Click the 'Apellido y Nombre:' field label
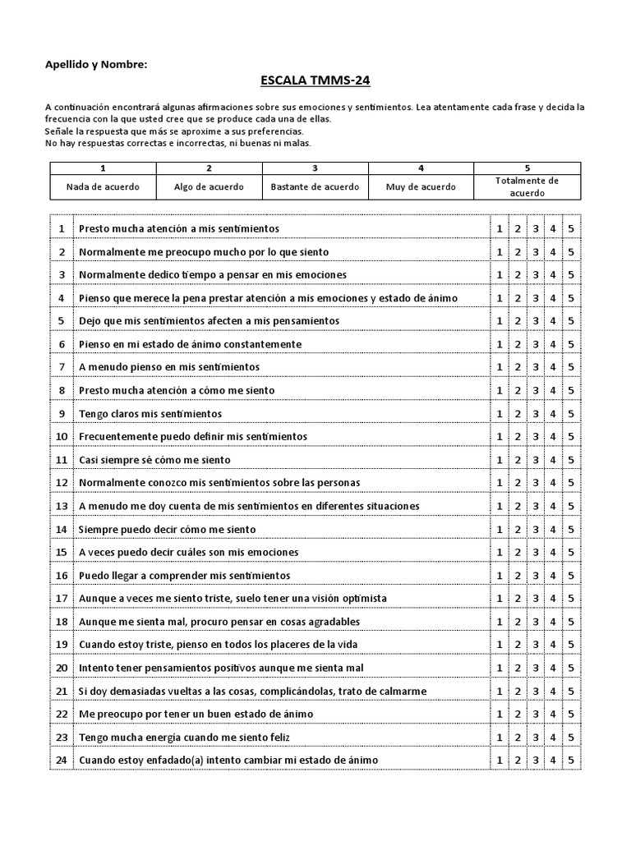click(x=96, y=63)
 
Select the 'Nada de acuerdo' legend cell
click(x=103, y=186)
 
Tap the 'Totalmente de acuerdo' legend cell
click(x=527, y=186)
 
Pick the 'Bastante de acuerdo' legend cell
click(x=315, y=186)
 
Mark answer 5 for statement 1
click(x=571, y=228)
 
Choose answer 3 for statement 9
click(x=536, y=413)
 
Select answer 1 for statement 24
click(x=500, y=761)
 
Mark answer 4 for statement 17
click(x=553, y=599)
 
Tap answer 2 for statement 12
click(x=518, y=483)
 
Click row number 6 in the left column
click(x=62, y=344)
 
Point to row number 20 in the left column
click(x=62, y=668)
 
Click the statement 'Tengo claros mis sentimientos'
click(x=150, y=413)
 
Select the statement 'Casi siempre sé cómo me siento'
click(x=154, y=460)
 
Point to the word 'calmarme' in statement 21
click(x=403, y=692)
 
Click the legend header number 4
click(x=421, y=168)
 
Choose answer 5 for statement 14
click(x=571, y=530)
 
